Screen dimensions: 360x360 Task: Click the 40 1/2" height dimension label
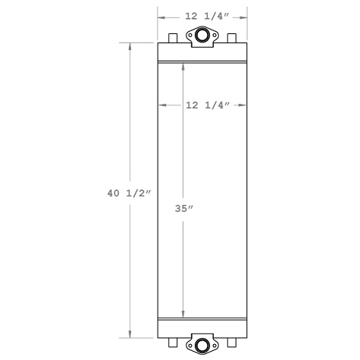click(130, 193)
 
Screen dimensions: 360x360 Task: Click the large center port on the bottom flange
click(202, 346)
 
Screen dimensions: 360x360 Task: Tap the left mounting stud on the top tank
click(173, 38)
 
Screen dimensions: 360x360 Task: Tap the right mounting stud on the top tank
click(232, 38)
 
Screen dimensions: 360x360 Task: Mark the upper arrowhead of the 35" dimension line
click(183, 66)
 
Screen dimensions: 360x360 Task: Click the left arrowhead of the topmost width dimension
click(161, 14)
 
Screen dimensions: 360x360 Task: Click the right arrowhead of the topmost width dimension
click(246, 14)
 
